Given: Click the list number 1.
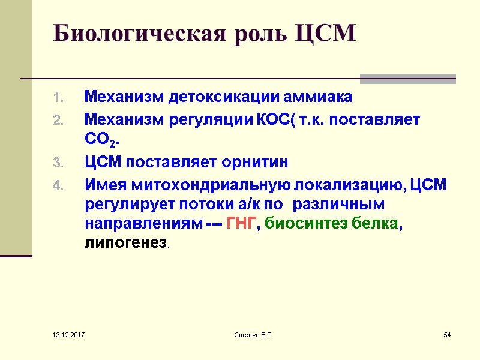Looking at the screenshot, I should [x=58, y=97].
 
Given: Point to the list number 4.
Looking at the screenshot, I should [x=58, y=186].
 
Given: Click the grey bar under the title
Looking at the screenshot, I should [x=407, y=79].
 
